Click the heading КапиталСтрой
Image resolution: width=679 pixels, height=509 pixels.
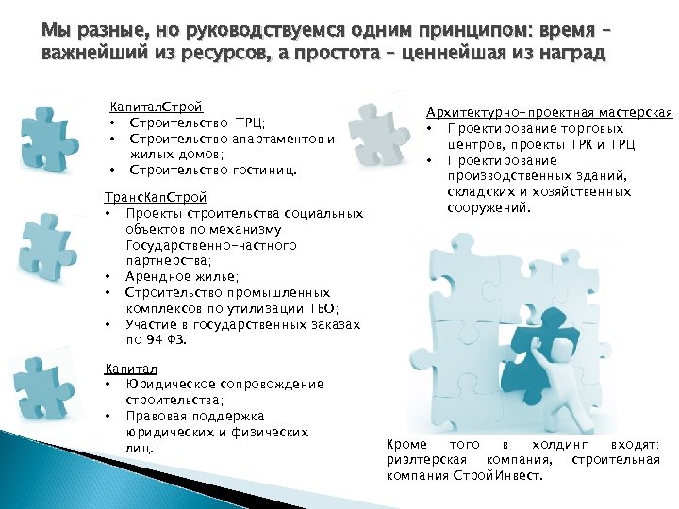click(157, 107)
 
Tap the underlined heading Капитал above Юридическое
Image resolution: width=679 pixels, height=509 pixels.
click(131, 368)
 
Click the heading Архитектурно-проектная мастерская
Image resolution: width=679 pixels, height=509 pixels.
click(549, 112)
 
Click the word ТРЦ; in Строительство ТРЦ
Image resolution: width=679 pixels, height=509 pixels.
click(251, 123)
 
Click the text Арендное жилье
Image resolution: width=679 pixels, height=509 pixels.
click(182, 276)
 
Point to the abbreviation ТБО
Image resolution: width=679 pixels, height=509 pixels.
click(320, 308)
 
